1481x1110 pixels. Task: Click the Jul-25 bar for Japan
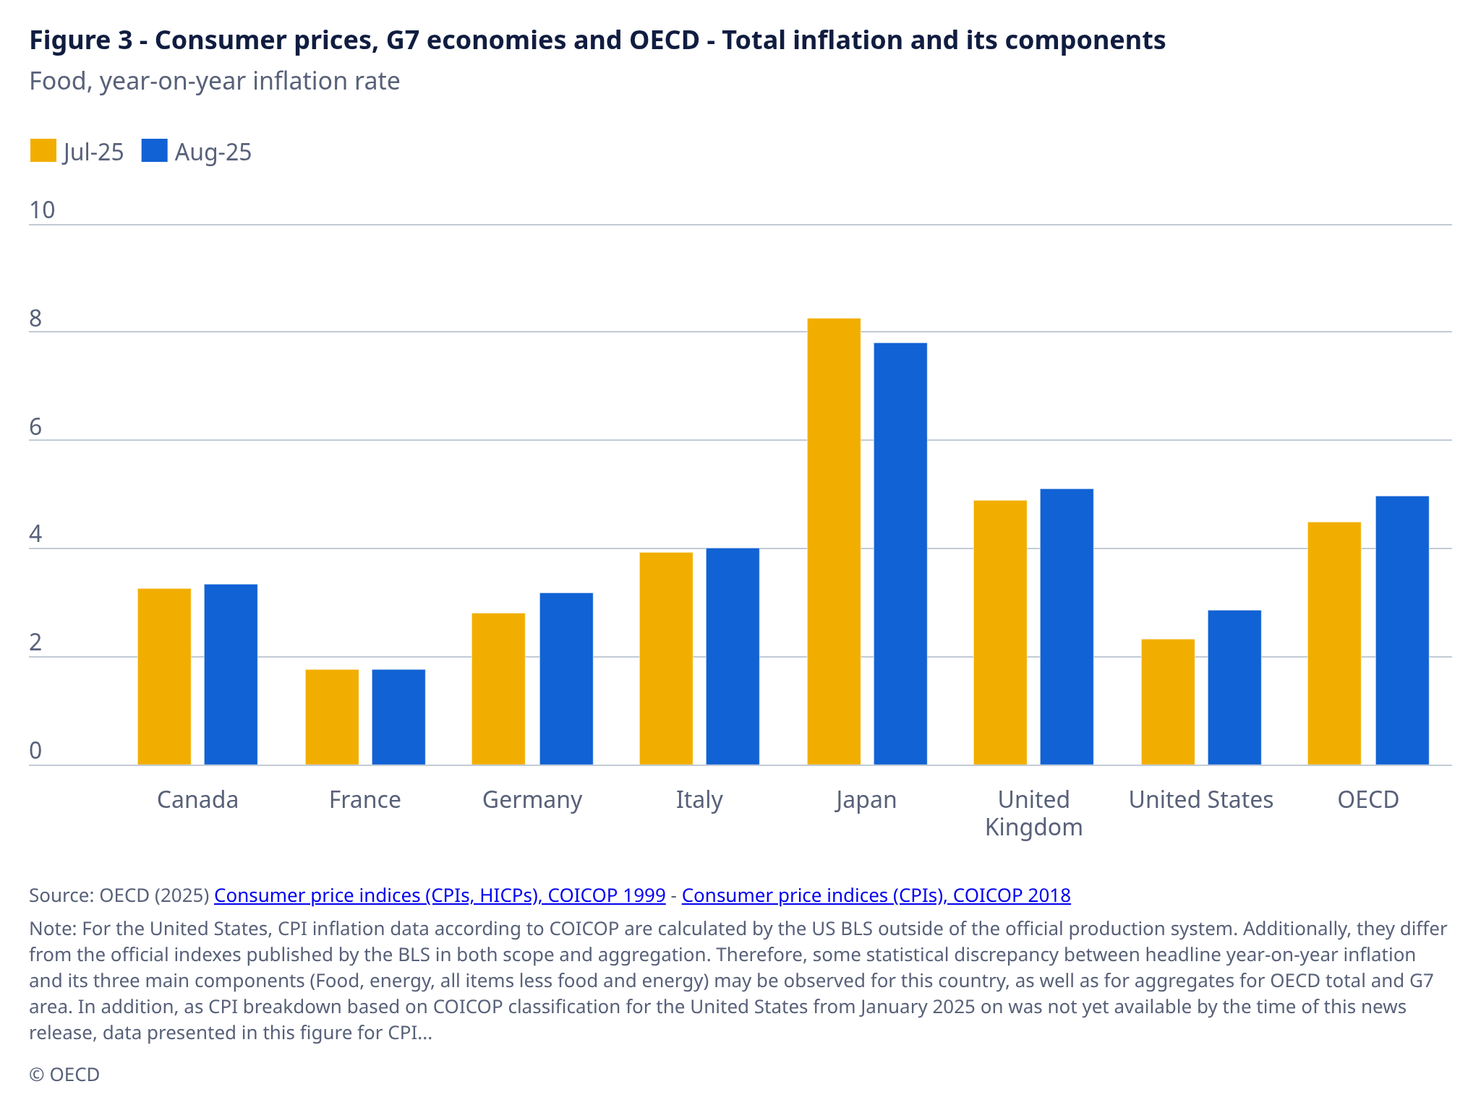click(x=834, y=541)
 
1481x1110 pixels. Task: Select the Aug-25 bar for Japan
click(x=900, y=554)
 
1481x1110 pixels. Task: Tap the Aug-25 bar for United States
click(x=1234, y=687)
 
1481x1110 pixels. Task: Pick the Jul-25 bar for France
click(x=332, y=717)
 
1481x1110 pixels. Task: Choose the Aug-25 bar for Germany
click(x=566, y=679)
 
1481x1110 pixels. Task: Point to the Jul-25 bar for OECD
click(x=1334, y=643)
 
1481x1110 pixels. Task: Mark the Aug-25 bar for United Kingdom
click(x=1067, y=627)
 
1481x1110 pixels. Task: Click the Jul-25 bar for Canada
click(x=164, y=676)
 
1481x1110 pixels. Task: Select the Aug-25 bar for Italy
click(x=733, y=656)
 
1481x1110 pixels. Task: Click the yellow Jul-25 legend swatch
click(x=43, y=151)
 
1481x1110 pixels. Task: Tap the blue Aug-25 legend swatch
click(x=154, y=151)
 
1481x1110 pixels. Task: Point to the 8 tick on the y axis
click(x=35, y=319)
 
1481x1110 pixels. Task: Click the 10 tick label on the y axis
click(x=42, y=210)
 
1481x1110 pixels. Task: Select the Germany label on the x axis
click(x=532, y=800)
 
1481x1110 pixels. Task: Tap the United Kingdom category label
click(x=1033, y=813)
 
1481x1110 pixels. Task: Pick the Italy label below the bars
click(x=699, y=800)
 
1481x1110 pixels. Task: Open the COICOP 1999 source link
click(x=440, y=895)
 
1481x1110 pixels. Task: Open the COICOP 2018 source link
click(x=876, y=895)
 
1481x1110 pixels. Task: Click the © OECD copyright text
click(x=64, y=1075)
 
